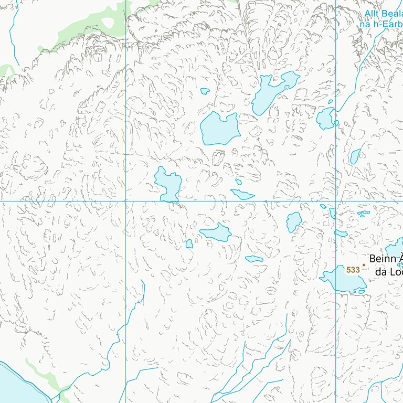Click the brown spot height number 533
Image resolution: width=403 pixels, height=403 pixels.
353,270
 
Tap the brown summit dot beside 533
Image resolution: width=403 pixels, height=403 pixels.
364,265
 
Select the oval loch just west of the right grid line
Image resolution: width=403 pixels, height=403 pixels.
293,221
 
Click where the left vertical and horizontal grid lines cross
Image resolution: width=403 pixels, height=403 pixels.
126,201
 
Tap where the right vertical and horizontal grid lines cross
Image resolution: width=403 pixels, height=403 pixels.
336,201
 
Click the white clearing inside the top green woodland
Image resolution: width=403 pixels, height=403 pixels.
109,23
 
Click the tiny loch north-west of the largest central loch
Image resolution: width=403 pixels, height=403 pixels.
205,91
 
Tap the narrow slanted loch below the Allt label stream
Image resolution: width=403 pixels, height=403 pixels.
355,156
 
